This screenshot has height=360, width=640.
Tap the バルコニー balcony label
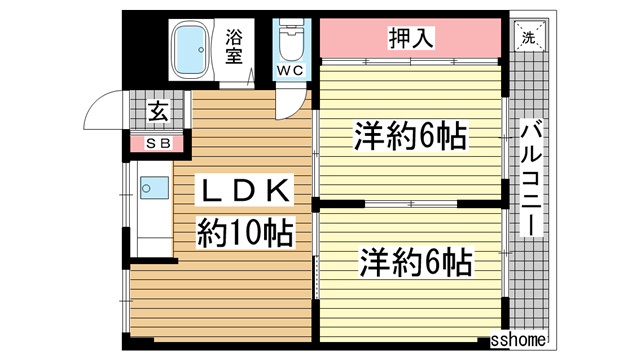(x=531, y=175)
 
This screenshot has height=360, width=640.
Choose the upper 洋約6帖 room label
(x=410, y=135)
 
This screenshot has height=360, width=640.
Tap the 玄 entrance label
(x=159, y=113)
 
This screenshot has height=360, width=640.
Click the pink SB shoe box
(x=159, y=143)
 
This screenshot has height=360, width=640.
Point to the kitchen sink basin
(x=154, y=187)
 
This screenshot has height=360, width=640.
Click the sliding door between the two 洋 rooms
(x=410, y=204)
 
